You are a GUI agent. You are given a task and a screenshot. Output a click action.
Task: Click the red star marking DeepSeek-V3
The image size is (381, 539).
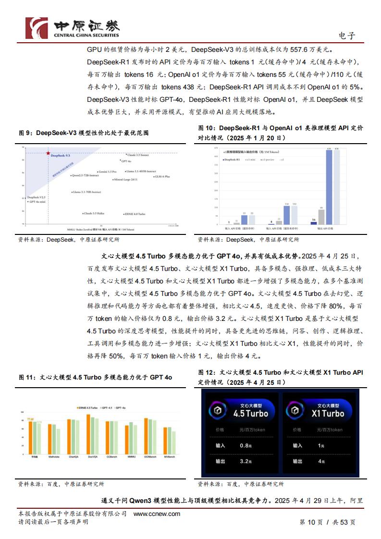48,153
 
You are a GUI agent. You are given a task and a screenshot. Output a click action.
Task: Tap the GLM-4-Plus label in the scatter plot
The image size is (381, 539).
162,177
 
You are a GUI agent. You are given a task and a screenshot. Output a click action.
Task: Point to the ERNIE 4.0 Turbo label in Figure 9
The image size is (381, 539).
135,214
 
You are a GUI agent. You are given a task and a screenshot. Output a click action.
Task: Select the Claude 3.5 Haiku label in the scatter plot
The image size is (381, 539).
94,213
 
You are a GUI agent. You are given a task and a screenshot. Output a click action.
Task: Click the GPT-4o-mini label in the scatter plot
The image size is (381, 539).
37,202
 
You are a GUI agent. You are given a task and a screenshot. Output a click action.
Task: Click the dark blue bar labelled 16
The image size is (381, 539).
314,222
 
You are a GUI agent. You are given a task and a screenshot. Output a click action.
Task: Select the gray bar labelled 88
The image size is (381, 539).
321,217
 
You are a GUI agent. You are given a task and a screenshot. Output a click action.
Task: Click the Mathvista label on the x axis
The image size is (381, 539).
54,457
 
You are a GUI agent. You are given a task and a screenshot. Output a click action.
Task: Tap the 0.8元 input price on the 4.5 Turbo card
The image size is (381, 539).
246,445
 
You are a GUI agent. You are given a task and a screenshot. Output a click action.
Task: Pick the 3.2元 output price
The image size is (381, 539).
246,461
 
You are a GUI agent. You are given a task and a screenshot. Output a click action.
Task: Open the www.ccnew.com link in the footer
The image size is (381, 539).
157,514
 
